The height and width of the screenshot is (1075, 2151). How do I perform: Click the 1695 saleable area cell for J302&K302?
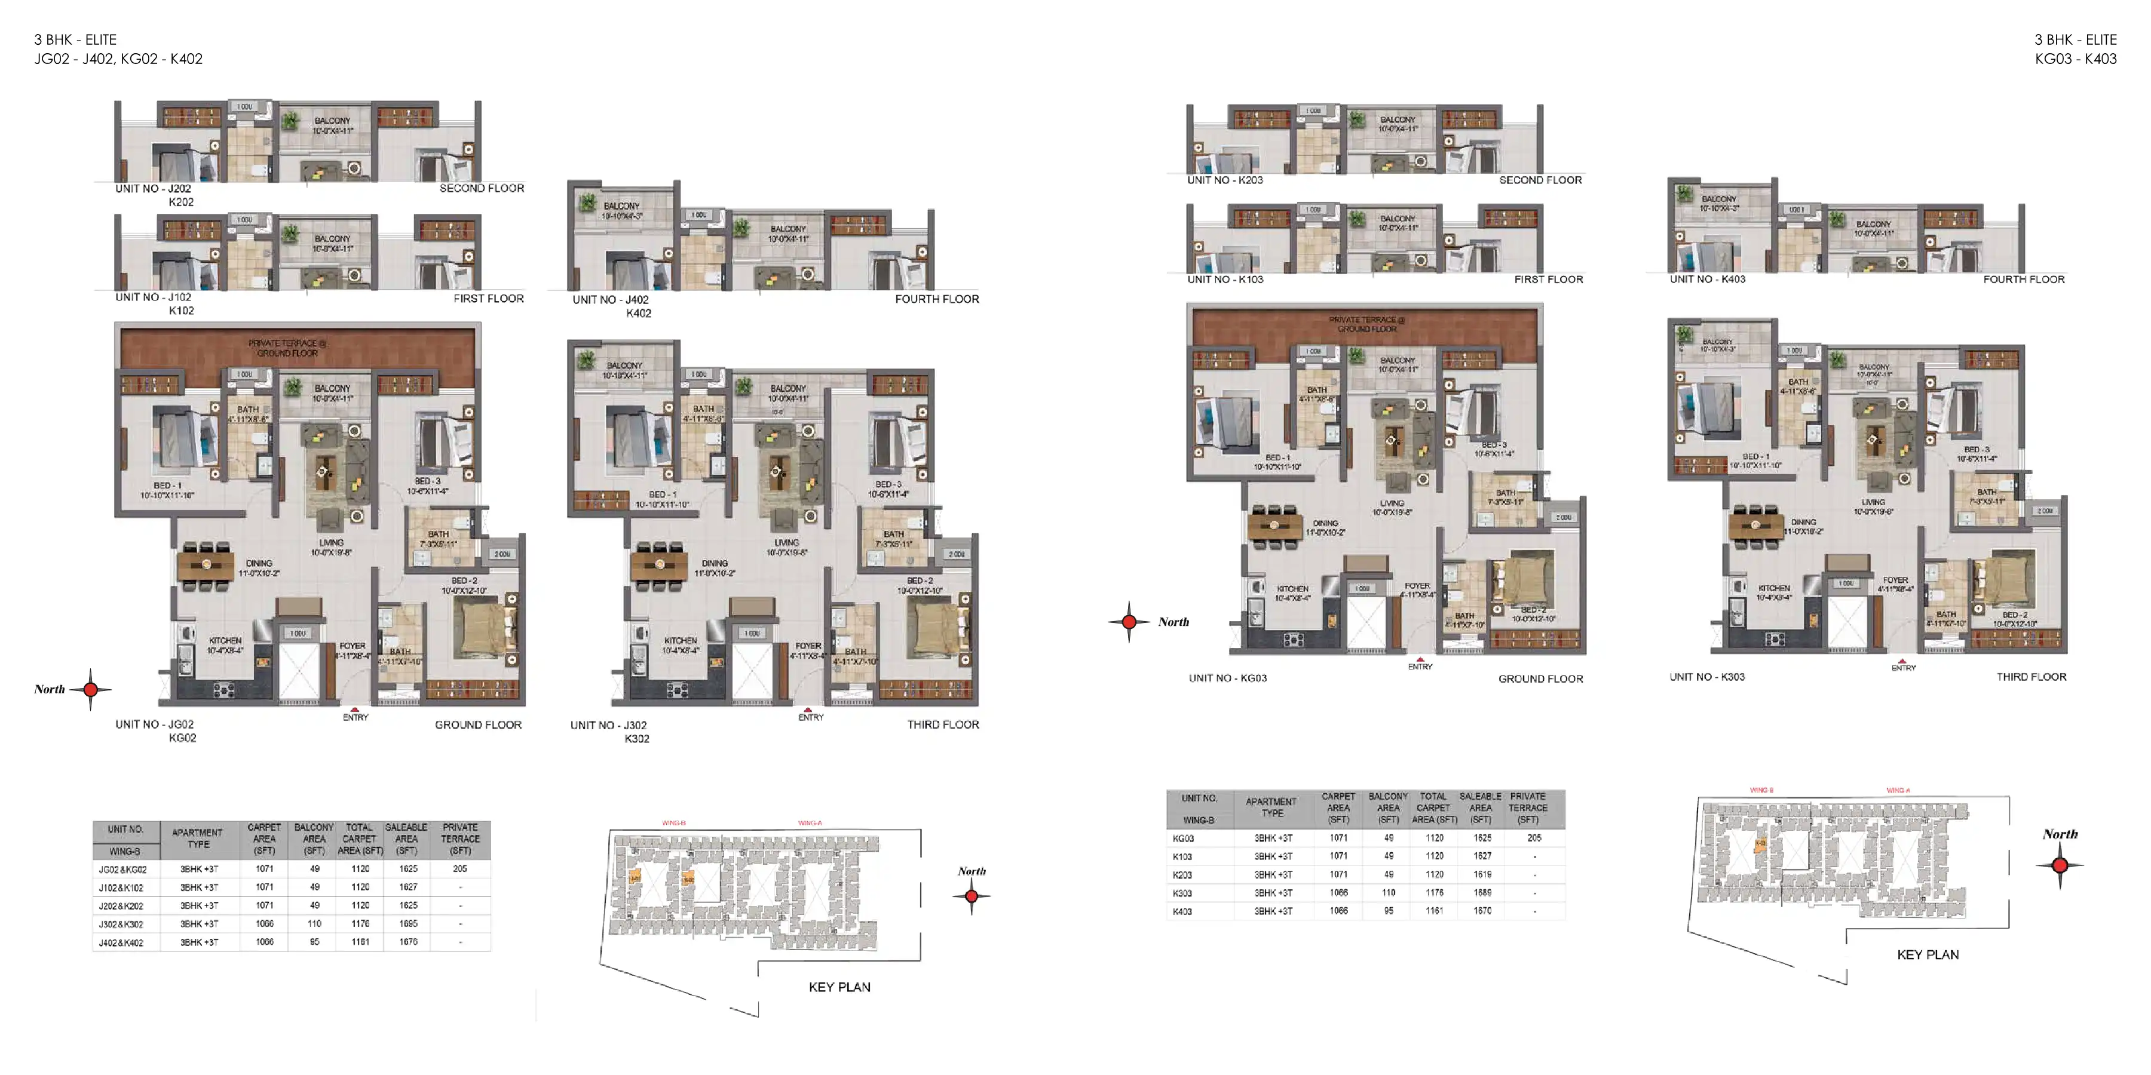407,924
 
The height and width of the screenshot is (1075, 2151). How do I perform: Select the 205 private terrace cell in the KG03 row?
1534,838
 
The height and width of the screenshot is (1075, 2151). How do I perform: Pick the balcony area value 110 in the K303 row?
1389,893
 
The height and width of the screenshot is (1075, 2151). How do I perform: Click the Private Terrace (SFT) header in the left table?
460,839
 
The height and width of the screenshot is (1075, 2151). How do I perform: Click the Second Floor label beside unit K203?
1540,180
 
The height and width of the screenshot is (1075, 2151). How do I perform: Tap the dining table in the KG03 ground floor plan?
1274,526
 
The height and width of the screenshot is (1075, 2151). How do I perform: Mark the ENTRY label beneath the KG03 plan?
1420,667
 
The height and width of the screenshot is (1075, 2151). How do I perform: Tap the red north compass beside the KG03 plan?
1129,622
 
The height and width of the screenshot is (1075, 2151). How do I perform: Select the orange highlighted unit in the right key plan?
1760,844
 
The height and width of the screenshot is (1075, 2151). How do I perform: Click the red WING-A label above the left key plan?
809,823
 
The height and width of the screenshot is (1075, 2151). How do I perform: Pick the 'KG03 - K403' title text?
2075,59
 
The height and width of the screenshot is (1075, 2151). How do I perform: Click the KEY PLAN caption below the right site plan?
1927,955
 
